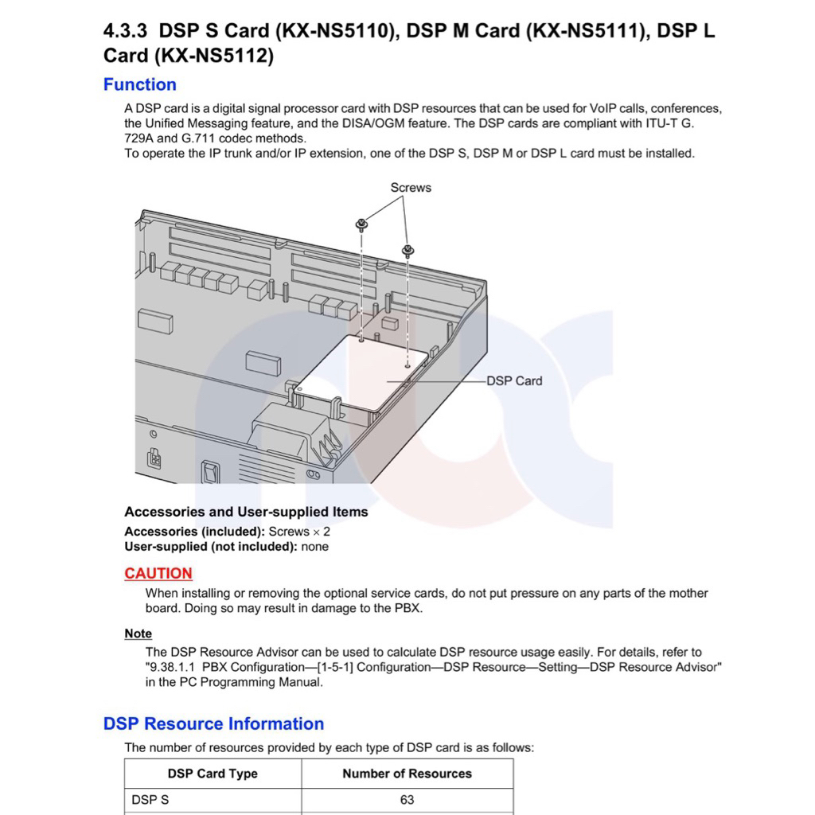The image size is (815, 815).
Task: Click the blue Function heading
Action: pyautogui.click(x=140, y=84)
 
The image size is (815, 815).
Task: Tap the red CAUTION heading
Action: pyautogui.click(x=158, y=573)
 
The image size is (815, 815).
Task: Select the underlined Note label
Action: pyautogui.click(x=138, y=634)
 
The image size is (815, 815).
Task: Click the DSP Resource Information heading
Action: pyautogui.click(x=213, y=723)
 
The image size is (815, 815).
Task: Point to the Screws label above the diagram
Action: pyautogui.click(x=411, y=188)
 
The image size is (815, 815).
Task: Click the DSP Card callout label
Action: pyautogui.click(x=514, y=380)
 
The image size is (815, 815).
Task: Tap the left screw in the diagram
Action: pyautogui.click(x=361, y=224)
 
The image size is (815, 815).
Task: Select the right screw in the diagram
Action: pyautogui.click(x=408, y=251)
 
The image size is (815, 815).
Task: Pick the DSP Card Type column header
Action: pyautogui.click(x=213, y=774)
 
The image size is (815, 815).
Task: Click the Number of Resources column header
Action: pyautogui.click(x=407, y=774)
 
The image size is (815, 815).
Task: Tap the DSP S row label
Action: pyautogui.click(x=150, y=800)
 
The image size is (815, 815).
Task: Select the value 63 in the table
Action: pyautogui.click(x=407, y=800)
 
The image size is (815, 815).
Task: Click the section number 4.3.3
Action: pyautogui.click(x=127, y=32)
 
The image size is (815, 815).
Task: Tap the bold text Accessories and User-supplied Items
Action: pyautogui.click(x=246, y=512)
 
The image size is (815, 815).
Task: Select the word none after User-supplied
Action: pyautogui.click(x=314, y=547)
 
